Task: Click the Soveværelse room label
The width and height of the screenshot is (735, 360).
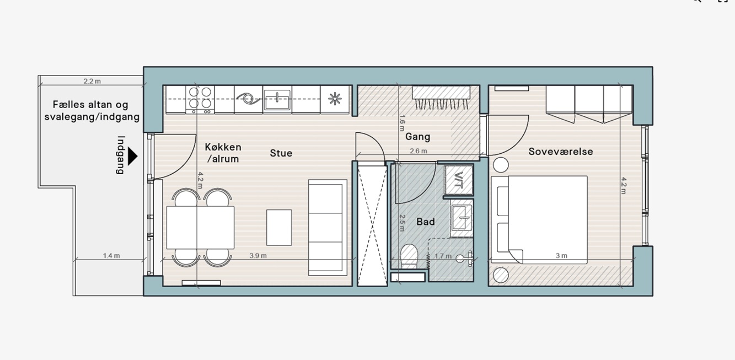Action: click(561, 152)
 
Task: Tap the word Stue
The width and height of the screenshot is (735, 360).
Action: click(281, 153)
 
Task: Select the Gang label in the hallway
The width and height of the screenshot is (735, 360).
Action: click(417, 137)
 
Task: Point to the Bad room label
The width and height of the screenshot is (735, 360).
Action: click(426, 222)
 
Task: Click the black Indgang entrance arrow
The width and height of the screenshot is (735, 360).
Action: click(132, 156)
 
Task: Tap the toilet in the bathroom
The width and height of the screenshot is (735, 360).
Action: click(409, 256)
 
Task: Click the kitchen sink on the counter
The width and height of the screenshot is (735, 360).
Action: click(277, 100)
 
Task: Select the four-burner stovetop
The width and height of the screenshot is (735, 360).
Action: click(200, 99)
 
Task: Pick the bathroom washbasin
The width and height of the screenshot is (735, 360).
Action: click(462, 218)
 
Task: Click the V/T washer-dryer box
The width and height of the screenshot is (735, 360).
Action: click(458, 180)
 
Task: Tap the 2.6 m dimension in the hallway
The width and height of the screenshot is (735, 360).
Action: click(419, 151)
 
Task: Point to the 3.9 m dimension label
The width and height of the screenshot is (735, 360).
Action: click(258, 256)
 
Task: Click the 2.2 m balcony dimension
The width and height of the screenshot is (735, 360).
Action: click(92, 82)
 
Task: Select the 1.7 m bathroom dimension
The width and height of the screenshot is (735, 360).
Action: click(443, 256)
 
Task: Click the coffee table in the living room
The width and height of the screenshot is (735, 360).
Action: click(279, 228)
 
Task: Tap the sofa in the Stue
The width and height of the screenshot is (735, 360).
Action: click(328, 228)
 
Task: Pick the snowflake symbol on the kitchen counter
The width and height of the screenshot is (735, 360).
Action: click(335, 99)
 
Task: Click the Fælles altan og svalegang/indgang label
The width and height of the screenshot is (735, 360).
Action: click(92, 111)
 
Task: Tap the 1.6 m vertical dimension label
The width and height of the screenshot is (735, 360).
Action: click(402, 123)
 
